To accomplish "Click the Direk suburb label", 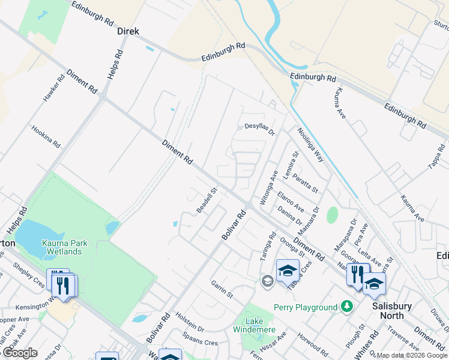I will click(x=128, y=31).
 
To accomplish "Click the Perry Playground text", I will click(x=306, y=307).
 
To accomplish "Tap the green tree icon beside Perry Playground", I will click(x=346, y=307).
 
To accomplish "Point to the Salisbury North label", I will click(x=392, y=311).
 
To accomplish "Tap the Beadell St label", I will click(x=206, y=200).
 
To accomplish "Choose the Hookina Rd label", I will click(x=46, y=137).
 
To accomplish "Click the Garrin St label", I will click(x=221, y=289).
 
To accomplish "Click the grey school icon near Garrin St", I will click(x=267, y=280).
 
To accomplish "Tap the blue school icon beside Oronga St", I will click(x=288, y=271).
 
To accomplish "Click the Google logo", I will click(x=20, y=353).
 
